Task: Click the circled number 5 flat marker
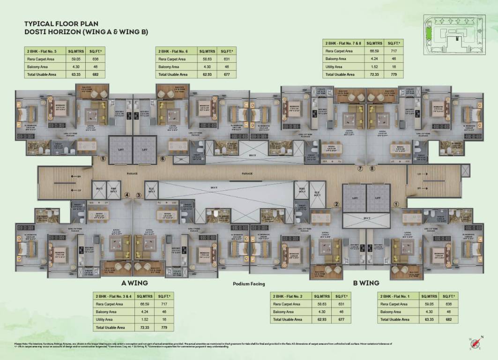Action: tap(103, 159)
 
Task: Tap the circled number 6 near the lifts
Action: tap(163, 159)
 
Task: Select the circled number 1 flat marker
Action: tap(395, 204)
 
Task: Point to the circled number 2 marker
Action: tap(336, 204)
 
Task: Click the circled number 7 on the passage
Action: tap(360, 168)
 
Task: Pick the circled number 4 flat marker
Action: tap(127, 195)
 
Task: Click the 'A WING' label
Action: tap(134, 283)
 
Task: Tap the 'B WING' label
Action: tap(366, 283)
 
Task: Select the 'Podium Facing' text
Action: tap(249, 284)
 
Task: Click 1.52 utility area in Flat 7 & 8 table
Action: tap(374, 67)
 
